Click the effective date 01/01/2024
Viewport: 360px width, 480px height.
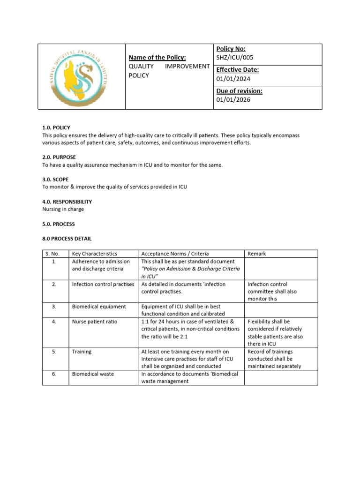click(233, 79)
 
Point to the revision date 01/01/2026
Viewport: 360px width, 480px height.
click(233, 99)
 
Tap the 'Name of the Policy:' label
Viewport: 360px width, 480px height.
click(157, 57)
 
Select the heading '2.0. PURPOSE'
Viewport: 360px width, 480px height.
click(59, 157)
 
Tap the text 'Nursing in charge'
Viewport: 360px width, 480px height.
click(63, 209)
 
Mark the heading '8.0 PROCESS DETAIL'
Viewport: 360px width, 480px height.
click(67, 239)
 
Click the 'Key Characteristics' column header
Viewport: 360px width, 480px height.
click(95, 254)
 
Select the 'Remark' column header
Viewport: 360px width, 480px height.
click(257, 254)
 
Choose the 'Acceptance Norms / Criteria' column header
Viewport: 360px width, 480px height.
click(175, 254)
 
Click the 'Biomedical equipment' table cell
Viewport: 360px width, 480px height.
click(99, 307)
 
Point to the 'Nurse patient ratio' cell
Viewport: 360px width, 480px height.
click(95, 322)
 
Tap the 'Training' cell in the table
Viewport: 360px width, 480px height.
click(82, 352)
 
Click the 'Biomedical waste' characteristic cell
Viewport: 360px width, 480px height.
click(93, 374)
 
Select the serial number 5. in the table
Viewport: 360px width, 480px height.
click(54, 352)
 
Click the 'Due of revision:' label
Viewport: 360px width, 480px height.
click(239, 91)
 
